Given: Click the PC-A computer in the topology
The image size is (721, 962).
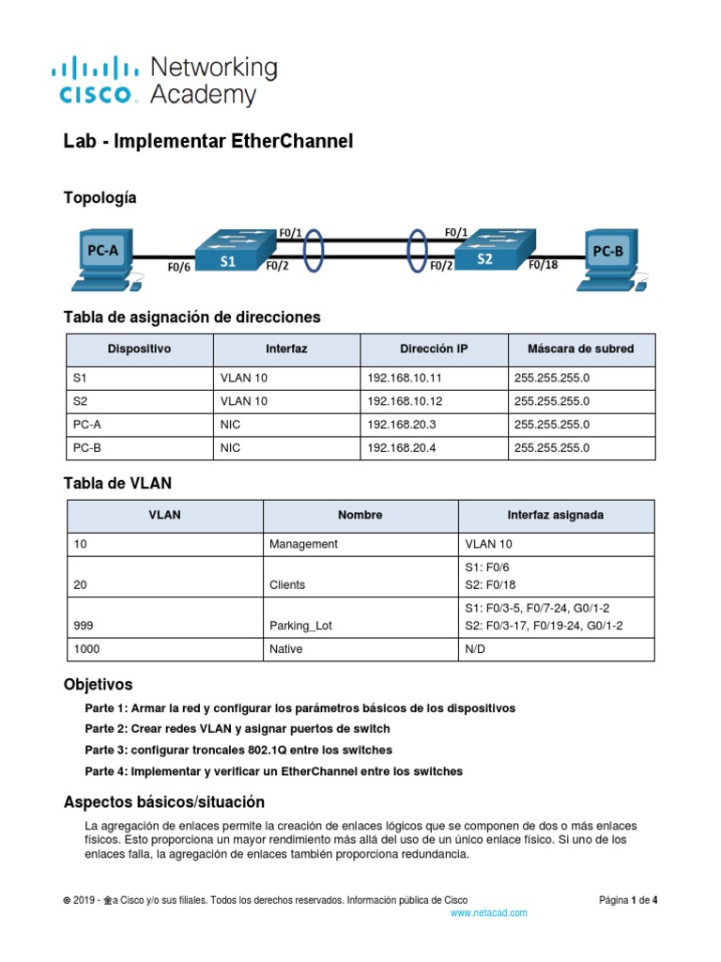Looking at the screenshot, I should click(x=103, y=257).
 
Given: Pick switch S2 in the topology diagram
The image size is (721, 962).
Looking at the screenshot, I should click(x=486, y=251).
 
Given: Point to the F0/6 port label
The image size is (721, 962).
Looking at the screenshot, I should click(x=179, y=266).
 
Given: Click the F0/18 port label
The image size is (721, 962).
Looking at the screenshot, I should click(x=542, y=265).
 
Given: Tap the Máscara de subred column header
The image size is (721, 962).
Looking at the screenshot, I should click(x=580, y=349).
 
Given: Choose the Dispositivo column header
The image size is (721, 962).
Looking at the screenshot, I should click(x=140, y=349).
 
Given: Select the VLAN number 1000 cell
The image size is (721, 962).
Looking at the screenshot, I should click(x=164, y=649).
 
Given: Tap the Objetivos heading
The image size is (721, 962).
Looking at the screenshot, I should click(x=98, y=684).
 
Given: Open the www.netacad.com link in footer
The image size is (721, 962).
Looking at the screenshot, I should click(x=489, y=912).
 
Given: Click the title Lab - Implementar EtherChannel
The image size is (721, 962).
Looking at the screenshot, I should click(x=208, y=142).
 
